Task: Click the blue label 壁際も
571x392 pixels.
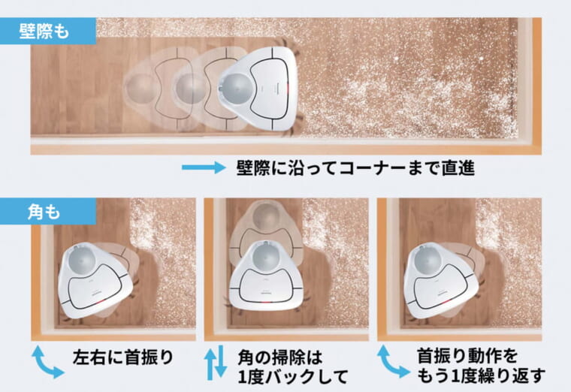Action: (47, 31)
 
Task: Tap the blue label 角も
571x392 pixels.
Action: (47, 212)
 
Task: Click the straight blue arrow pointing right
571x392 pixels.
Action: (204, 167)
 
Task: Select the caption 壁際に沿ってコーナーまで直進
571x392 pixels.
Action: (355, 168)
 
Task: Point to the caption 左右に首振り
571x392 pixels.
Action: (123, 357)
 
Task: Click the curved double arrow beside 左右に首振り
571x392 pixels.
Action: (47, 362)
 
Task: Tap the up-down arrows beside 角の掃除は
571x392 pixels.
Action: (216, 363)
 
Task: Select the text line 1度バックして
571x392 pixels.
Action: (293, 376)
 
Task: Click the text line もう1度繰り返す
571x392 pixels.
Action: (481, 375)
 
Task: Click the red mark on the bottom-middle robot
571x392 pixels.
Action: (267, 302)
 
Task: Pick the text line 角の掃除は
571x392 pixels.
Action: (280, 357)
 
